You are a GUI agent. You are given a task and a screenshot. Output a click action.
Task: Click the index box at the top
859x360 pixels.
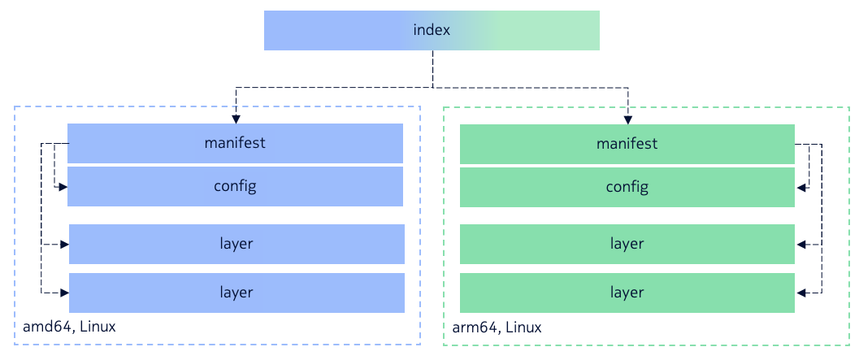432,31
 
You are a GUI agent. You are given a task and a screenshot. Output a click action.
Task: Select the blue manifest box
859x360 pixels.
235,143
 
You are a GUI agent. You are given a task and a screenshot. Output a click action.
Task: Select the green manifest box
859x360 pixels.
627,144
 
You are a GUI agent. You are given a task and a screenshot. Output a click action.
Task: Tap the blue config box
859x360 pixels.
235,186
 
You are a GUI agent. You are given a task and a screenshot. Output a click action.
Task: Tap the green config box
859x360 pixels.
627,187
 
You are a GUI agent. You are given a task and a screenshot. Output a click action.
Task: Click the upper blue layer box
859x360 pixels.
236,244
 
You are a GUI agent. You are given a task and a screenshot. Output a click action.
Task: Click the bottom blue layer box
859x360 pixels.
236,293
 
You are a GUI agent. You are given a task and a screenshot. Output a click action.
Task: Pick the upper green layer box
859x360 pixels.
627,244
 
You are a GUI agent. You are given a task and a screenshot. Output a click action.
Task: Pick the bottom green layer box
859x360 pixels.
627,293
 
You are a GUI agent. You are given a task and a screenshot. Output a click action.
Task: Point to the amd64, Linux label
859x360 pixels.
70,327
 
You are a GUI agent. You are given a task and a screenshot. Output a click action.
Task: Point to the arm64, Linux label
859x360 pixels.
497,327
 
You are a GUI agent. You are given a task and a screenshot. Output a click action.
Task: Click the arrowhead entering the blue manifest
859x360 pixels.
236,118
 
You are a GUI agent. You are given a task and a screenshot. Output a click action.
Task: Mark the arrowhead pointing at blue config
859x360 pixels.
62,187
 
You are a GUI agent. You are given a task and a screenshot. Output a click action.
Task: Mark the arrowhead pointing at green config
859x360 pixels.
801,187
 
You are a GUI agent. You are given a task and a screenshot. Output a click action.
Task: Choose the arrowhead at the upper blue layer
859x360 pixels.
64,244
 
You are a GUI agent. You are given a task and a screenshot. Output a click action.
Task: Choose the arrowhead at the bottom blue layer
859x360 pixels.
64,293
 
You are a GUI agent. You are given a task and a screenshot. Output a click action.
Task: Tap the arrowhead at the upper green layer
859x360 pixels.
801,244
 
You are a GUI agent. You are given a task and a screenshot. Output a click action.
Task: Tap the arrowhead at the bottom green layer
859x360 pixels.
801,293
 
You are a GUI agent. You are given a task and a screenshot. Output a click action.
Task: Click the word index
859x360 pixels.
432,31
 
